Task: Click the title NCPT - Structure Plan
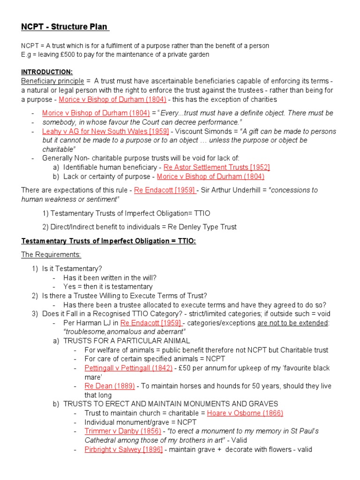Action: click(x=65, y=26)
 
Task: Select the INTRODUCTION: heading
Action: click(x=47, y=72)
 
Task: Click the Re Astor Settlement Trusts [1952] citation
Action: click(x=217, y=167)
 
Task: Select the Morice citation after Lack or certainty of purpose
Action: click(x=210, y=177)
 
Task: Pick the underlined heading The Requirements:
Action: click(x=51, y=255)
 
